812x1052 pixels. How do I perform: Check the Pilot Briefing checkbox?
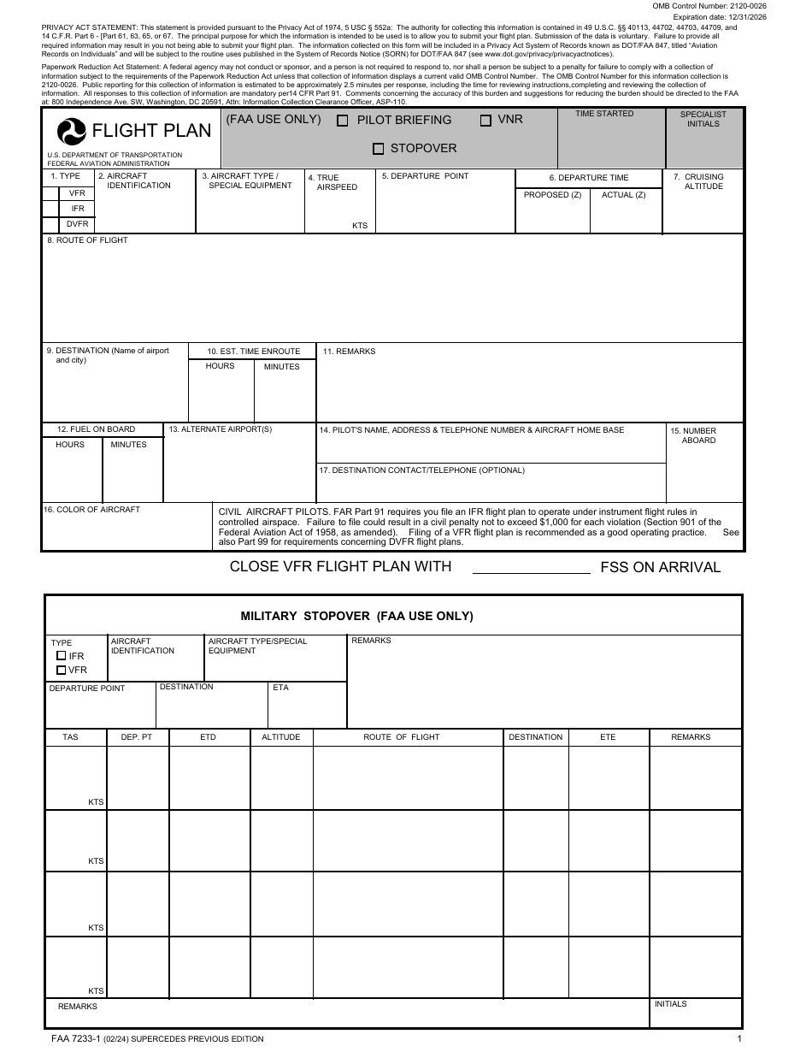pos(343,121)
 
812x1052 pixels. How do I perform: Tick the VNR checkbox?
pos(485,121)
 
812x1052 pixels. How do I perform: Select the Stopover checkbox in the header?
pos(378,149)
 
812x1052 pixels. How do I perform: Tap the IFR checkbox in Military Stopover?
pos(61,656)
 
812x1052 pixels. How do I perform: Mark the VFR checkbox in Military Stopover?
pos(61,670)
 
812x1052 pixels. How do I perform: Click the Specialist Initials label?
pos(703,119)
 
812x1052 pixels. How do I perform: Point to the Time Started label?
pos(604,114)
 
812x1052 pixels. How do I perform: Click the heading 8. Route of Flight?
pos(87,240)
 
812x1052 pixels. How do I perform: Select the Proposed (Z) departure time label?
pos(552,195)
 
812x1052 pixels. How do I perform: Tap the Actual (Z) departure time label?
pos(623,195)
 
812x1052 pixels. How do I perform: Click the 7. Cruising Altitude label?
pos(703,181)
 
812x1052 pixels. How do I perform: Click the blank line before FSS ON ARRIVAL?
pos(531,567)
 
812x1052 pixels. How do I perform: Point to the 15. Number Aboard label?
pos(697,435)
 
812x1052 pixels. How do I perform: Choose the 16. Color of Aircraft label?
pos(91,510)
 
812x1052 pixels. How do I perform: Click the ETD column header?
pos(208,737)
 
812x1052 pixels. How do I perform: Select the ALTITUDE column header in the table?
pos(280,737)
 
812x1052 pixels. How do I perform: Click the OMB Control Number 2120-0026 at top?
pos(709,6)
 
